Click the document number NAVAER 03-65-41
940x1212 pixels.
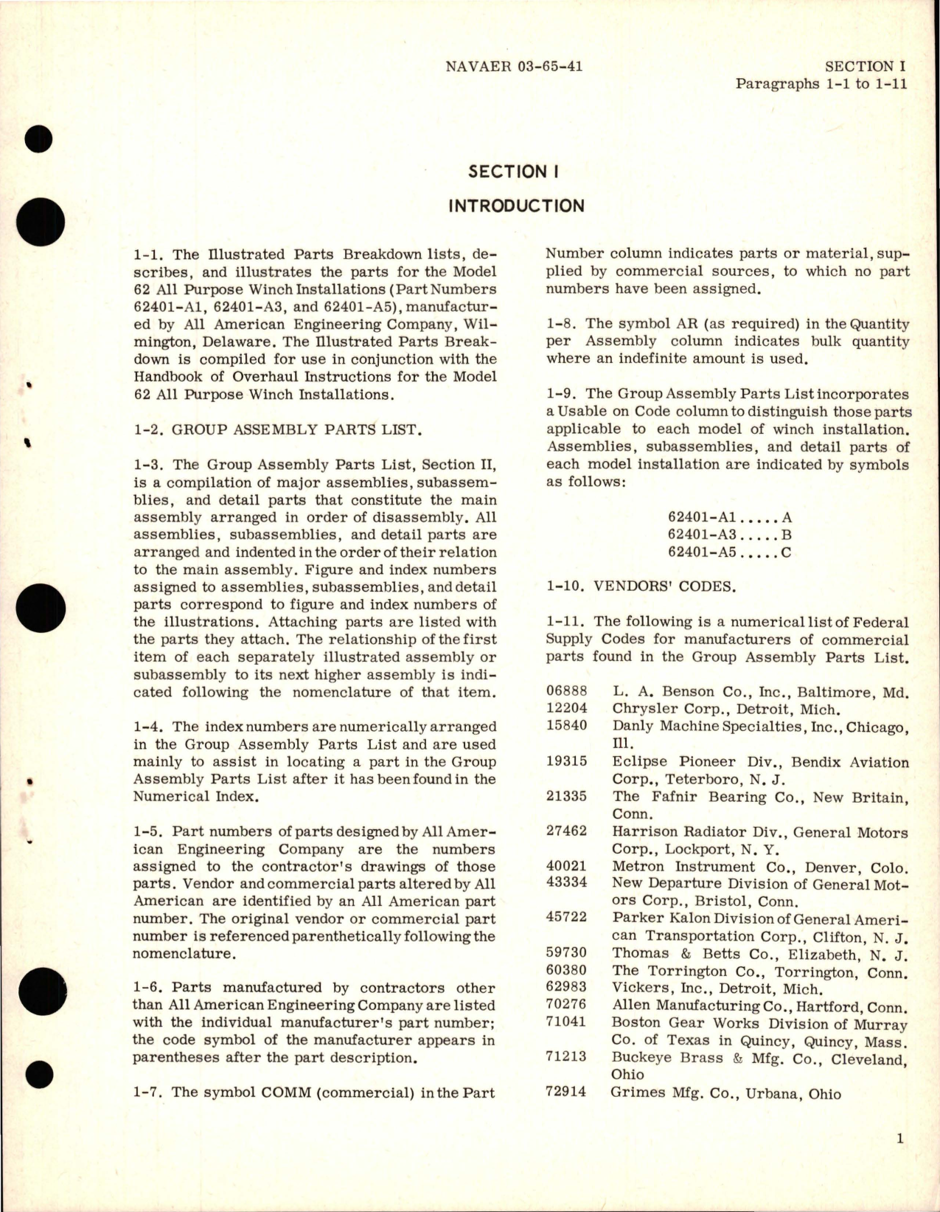pyautogui.click(x=514, y=66)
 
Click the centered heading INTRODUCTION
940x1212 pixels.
pyautogui.click(x=516, y=206)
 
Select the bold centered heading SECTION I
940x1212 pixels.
pyautogui.click(x=514, y=172)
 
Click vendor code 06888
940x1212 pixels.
pyautogui.click(x=566, y=692)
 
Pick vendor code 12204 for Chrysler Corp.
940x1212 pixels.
pyautogui.click(x=566, y=710)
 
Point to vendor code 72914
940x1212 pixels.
pyautogui.click(x=566, y=1092)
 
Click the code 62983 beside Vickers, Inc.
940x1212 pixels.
pyautogui.click(x=566, y=988)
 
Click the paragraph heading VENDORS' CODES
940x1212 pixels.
pyautogui.click(x=658, y=587)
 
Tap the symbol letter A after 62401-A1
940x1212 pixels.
pyautogui.click(x=786, y=518)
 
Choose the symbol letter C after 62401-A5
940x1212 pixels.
pyautogui.click(x=786, y=553)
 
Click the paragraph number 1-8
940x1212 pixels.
pyautogui.click(x=562, y=324)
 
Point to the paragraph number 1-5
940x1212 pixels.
pyautogui.click(x=148, y=831)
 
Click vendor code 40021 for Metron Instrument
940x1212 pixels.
pyautogui.click(x=566, y=867)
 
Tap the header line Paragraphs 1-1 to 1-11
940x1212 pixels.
pyautogui.click(x=821, y=83)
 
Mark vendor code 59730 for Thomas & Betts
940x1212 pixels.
pyautogui.click(x=566, y=953)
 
